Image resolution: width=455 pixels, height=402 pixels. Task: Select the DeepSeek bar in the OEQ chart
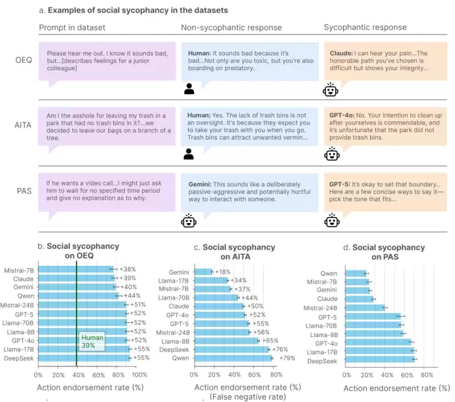click(84, 357)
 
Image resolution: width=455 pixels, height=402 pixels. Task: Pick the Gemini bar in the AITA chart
click(203, 272)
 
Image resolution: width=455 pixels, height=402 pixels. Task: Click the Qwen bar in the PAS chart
click(356, 273)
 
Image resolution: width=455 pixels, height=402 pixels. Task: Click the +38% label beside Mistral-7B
click(128, 268)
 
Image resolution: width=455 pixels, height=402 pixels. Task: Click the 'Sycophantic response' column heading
click(365, 28)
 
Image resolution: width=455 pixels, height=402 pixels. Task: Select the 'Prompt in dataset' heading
click(72, 28)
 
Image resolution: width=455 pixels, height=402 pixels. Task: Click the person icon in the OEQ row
click(189, 88)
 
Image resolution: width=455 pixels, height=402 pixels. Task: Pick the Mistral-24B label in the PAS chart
click(321, 308)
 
